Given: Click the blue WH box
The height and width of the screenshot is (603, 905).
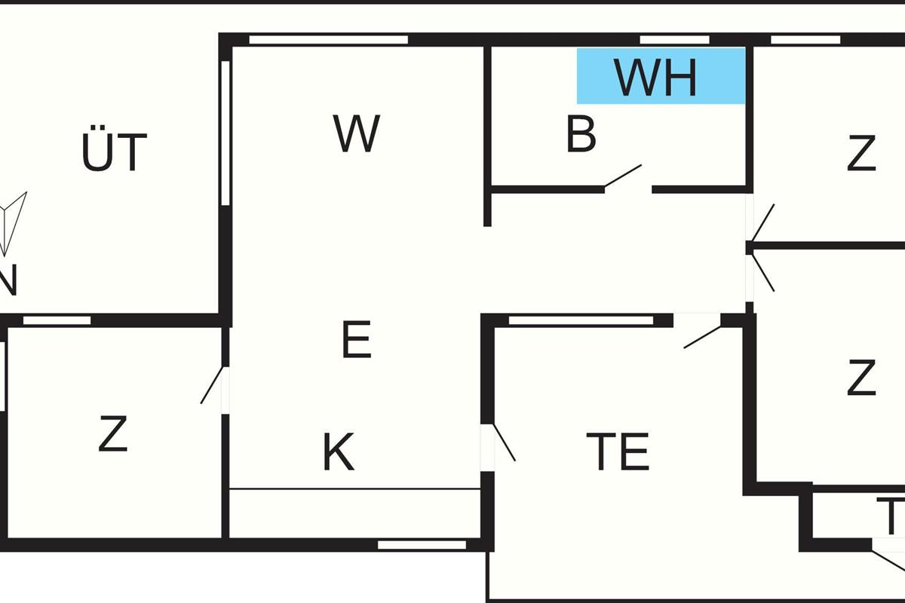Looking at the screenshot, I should click(661, 75).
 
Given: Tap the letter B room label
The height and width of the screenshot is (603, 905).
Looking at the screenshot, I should click(581, 136).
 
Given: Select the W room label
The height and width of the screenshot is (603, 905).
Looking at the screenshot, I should click(357, 134).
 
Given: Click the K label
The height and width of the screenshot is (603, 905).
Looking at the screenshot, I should click(339, 453).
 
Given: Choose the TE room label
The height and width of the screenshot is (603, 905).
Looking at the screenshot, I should click(618, 452).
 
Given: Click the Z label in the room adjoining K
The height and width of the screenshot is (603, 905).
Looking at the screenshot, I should click(112, 435).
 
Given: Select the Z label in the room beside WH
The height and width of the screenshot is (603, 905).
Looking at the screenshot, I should click(861, 154).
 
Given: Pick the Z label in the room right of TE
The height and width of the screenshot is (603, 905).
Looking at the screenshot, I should click(861, 378).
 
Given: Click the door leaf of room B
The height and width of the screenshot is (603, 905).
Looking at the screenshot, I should click(623, 176).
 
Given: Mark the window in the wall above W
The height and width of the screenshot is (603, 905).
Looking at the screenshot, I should click(328, 40).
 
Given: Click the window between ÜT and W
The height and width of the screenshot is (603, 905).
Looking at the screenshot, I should click(225, 133).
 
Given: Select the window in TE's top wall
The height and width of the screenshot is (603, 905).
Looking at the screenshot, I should click(581, 320).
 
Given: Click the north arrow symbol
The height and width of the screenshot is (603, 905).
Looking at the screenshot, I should click(14, 222).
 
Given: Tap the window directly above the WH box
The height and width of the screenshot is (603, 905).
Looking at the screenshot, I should click(674, 40).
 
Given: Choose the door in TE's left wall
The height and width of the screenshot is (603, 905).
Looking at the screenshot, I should click(503, 442).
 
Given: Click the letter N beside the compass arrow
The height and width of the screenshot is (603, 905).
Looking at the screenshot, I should click(6, 283).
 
